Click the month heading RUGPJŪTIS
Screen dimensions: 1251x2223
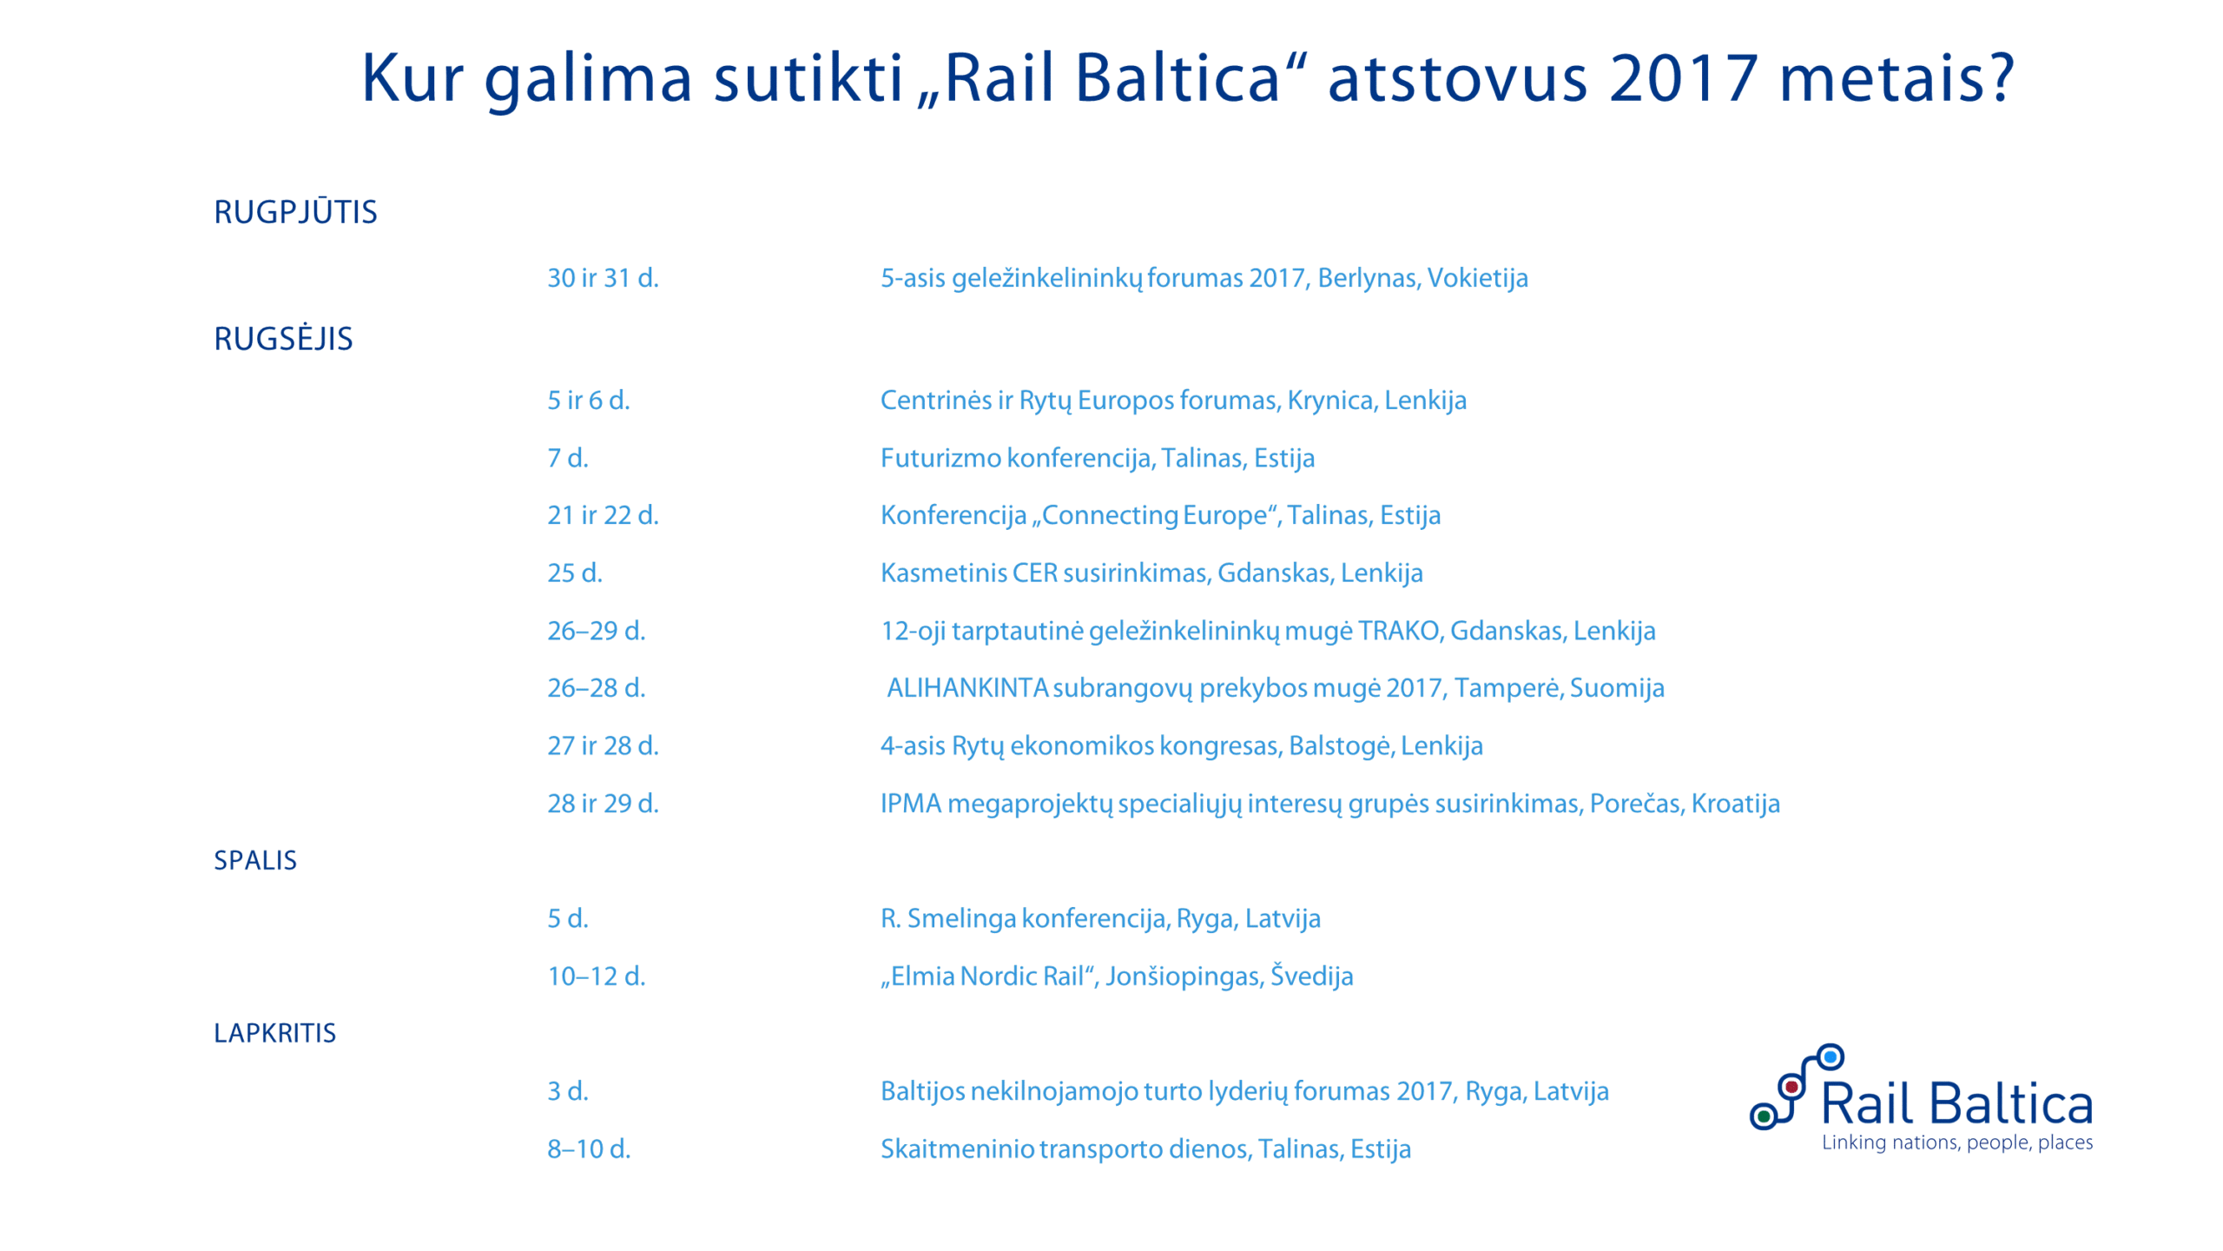(295, 212)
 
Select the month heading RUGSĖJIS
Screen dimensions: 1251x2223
(283, 339)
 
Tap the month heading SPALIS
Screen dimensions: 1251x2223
(255, 860)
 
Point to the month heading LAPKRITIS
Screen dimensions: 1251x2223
(274, 1033)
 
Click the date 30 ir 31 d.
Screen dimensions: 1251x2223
(603, 278)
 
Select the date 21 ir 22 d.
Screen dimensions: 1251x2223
(603, 515)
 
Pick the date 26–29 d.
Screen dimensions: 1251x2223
(596, 631)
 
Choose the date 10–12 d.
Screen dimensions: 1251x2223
(596, 976)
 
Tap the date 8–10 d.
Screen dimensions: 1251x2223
(589, 1149)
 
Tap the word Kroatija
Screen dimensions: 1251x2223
(1735, 804)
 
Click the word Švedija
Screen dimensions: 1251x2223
(1311, 976)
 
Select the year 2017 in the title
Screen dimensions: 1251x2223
(1683, 78)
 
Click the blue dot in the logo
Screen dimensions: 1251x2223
(1831, 1057)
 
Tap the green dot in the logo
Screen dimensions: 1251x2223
(1764, 1116)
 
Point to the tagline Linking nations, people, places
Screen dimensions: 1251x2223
(1956, 1142)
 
